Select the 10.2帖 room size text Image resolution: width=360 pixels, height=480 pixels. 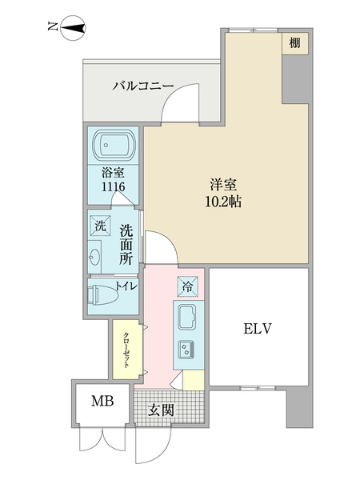[x=224, y=201]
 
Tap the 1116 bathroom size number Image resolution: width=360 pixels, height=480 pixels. [x=112, y=186]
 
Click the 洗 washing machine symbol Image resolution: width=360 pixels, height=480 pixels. [x=101, y=226]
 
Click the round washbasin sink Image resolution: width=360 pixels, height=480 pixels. [x=96, y=258]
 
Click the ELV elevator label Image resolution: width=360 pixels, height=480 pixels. [x=258, y=328]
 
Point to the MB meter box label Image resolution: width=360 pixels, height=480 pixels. [x=100, y=402]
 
